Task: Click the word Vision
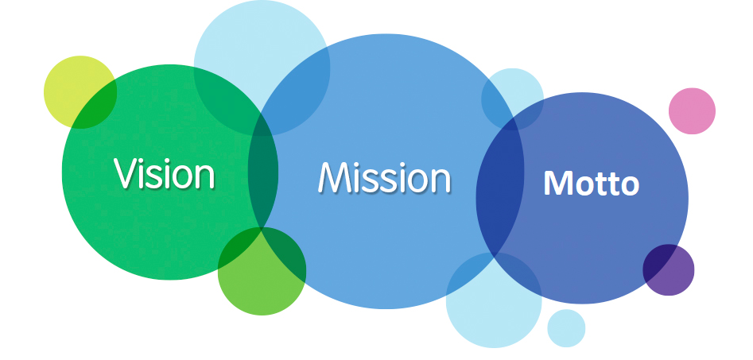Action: (164, 172)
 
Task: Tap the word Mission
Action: (384, 177)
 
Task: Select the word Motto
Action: (591, 184)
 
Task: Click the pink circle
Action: (692, 110)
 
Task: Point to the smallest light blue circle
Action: (566, 328)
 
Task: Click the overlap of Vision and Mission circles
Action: (263, 171)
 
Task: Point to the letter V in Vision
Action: (122, 172)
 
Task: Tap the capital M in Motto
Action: (557, 184)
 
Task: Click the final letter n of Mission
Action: (439, 180)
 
